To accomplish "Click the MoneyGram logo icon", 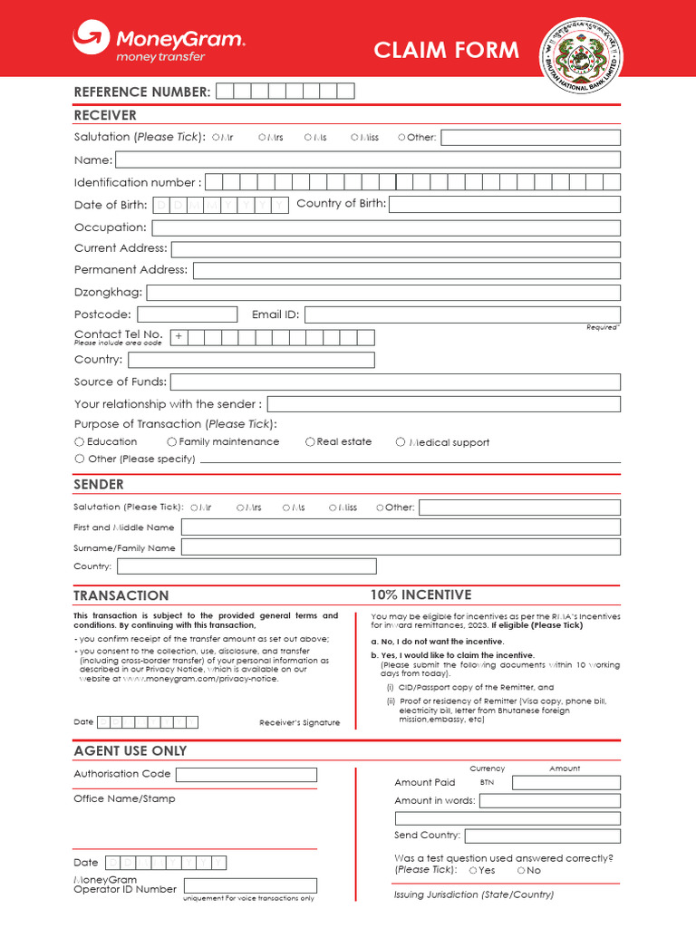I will pyautogui.click(x=91, y=39).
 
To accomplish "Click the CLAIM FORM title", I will pyautogui.click(x=447, y=50).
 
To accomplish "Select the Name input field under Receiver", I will pyautogui.click(x=367, y=159).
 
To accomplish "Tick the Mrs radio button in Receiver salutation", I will pyautogui.click(x=262, y=138).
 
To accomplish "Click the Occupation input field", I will pyautogui.click(x=385, y=227).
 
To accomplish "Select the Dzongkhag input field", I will pyautogui.click(x=382, y=293).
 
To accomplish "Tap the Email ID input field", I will pyautogui.click(x=461, y=314).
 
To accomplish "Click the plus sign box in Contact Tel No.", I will pyautogui.click(x=179, y=337).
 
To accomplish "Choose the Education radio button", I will pyautogui.click(x=79, y=442).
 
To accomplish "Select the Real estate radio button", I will pyautogui.click(x=310, y=442).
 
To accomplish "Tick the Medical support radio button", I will pyautogui.click(x=401, y=442).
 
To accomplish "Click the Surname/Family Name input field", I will pyautogui.click(x=401, y=547).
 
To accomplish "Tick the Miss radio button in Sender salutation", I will pyautogui.click(x=333, y=508).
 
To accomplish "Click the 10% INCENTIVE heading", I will pyautogui.click(x=420, y=594).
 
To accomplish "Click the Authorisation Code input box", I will pyautogui.click(x=246, y=775).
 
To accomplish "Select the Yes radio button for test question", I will pyautogui.click(x=473, y=870).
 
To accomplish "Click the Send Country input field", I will pyautogui.click(x=542, y=836).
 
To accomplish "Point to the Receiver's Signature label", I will pyautogui.click(x=299, y=722).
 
